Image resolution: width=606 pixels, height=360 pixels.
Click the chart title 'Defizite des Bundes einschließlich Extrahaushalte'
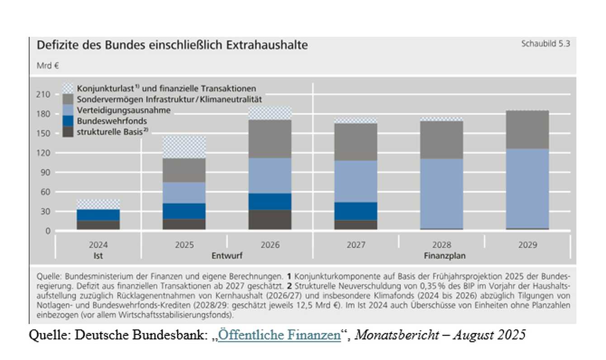172,45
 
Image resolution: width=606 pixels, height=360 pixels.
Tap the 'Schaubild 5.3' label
545,44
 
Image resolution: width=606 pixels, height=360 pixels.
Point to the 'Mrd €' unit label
48,65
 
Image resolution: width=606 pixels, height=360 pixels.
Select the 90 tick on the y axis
46,172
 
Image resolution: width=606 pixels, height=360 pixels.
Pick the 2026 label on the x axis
270,245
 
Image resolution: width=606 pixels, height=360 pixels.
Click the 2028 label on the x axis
441,245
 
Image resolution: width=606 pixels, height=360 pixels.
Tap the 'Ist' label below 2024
98,256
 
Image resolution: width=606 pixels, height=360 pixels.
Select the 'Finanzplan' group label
441,256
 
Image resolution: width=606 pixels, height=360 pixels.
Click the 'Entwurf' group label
227,256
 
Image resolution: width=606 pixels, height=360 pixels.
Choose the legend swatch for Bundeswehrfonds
68,121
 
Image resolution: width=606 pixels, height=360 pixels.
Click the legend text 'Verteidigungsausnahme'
123,110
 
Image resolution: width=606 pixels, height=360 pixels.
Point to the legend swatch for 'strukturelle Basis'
68,132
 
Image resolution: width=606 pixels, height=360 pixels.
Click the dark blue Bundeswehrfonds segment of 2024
98,215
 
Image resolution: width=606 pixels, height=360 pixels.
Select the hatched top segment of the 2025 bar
184,147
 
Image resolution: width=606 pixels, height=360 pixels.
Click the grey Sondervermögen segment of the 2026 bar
270,139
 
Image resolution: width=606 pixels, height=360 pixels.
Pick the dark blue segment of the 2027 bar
355,211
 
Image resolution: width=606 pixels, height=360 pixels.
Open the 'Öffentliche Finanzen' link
279,335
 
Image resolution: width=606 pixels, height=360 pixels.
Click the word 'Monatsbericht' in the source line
397,335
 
